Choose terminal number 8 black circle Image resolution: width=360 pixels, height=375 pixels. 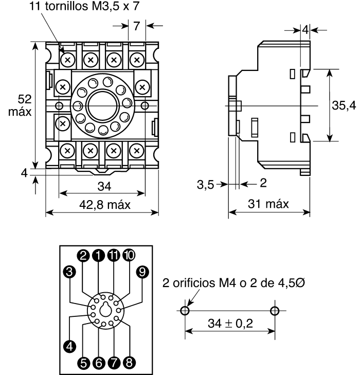[x=129, y=362]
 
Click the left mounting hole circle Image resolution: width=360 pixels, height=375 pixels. [x=186, y=311]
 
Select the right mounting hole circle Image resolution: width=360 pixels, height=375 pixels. [x=274, y=311]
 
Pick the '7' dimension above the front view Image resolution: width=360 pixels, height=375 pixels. [x=137, y=25]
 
